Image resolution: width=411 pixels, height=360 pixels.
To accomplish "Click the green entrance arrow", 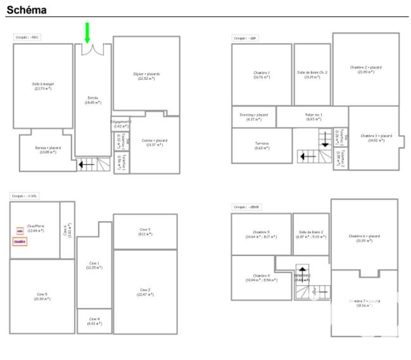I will pos(87,33).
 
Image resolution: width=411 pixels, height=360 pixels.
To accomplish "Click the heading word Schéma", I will pos(27,10).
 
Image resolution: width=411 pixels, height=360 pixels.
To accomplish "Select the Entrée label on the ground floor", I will pos(92,100).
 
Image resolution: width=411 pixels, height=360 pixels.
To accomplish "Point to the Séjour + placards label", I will pos(146,76).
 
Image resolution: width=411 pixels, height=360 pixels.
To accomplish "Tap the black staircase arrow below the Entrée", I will pos(86,165).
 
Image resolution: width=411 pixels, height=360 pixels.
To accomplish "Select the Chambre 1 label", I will pos(262,74).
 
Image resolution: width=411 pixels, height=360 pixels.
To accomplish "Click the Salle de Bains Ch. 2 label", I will pos(312,74).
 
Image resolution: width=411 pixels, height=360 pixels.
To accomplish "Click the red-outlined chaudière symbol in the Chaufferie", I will pos(20,241).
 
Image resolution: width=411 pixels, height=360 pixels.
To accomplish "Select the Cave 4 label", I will pos(94,320).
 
